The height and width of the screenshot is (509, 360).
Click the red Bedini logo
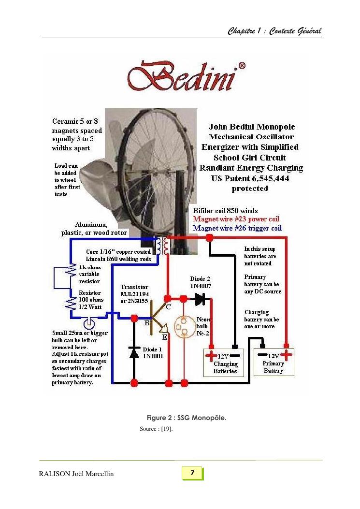pos(187,76)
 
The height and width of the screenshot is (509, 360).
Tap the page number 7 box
pos(192,473)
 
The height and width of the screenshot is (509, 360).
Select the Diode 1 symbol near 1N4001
pos(134,352)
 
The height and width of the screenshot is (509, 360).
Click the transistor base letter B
pos(147,323)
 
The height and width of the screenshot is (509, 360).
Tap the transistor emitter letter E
pos(165,337)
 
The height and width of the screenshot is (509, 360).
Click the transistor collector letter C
pos(169,307)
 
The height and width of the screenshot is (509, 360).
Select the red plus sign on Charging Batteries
pos(211,355)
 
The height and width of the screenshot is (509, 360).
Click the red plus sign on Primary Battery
pos(287,354)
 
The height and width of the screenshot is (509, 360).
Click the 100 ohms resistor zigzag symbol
pos(71,303)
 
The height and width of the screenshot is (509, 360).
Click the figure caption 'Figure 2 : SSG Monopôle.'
pos(187,418)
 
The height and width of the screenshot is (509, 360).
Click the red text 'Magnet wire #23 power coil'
pos(236,219)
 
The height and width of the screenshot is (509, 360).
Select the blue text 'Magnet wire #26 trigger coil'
pos(237,228)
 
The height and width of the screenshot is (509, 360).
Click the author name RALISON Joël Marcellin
pos(76,474)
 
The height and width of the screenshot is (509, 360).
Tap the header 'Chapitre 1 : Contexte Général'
pos(274,31)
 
